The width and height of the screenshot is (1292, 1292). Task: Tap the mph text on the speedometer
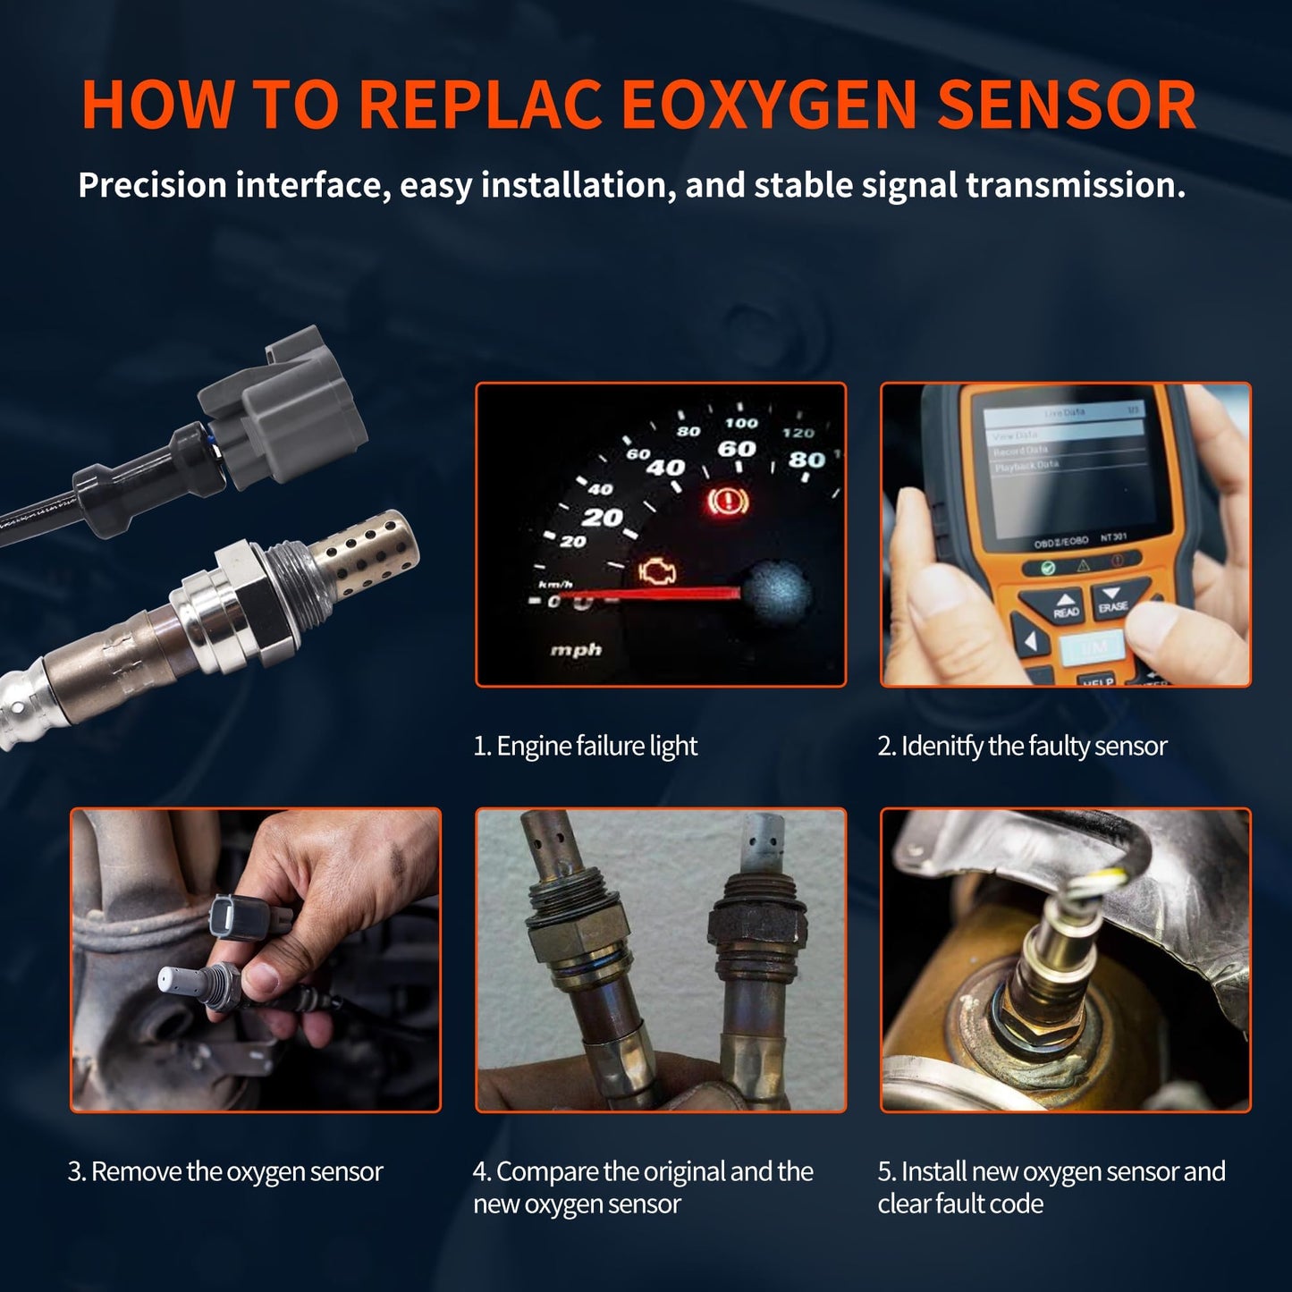pos(575,650)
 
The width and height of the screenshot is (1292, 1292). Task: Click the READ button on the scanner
pos(1065,606)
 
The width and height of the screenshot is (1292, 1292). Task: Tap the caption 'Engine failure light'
pos(586,746)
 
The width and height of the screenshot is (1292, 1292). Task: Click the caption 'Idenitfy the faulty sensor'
pos(1022,746)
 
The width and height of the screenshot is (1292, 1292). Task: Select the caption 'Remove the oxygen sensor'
pos(225,1171)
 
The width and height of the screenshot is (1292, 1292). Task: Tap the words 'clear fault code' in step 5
pos(960,1203)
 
